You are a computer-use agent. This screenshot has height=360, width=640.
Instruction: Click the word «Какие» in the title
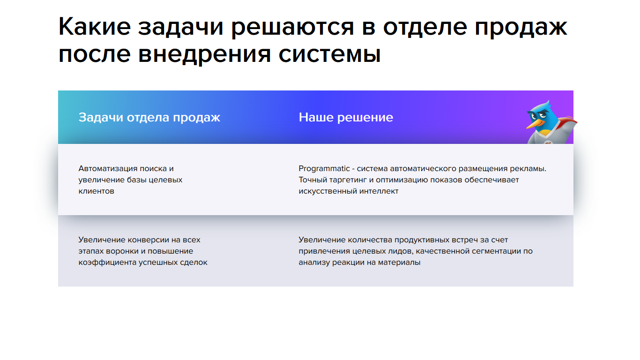point(95,26)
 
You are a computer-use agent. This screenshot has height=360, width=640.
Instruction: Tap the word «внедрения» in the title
point(204,55)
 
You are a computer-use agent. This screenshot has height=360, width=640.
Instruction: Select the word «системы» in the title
point(329,54)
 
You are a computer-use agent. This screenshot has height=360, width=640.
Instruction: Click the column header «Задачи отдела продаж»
point(149,118)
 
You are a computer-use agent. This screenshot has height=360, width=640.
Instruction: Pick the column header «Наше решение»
point(346,117)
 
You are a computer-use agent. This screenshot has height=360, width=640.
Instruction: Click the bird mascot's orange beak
point(535,124)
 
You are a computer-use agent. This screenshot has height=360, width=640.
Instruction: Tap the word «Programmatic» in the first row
point(324,169)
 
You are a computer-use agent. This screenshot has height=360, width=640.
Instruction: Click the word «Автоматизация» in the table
point(104,169)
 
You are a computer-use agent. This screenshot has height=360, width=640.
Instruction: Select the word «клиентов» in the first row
point(97,191)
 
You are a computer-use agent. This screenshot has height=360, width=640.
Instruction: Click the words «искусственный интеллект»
point(348,191)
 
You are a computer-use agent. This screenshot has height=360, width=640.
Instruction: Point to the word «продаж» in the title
point(521,29)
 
